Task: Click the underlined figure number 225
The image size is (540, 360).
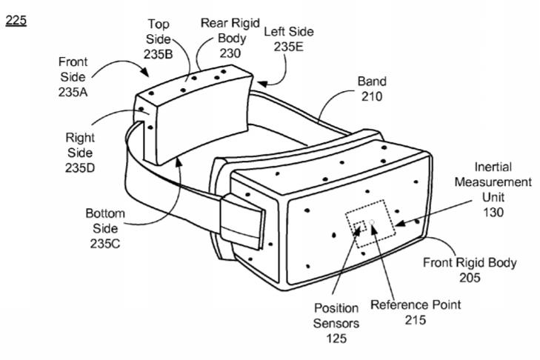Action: pos(16,21)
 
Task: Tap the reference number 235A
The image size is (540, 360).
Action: pos(73,92)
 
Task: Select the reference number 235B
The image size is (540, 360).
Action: pos(158,54)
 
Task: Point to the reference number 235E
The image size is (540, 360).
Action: pos(289,47)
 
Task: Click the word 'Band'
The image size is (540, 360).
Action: pos(372,81)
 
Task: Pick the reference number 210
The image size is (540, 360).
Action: pos(372,96)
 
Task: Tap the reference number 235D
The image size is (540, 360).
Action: pos(80,167)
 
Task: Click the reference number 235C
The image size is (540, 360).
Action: pos(105,244)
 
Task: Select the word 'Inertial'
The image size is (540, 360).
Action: pos(493,167)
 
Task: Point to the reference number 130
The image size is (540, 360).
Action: pos(493,212)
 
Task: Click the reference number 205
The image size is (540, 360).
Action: pos(470,278)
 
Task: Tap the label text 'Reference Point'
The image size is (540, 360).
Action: pos(416,305)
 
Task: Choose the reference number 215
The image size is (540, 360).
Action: pos(416,320)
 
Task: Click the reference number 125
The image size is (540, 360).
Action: pos(336,339)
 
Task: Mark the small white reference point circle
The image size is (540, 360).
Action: pos(372,222)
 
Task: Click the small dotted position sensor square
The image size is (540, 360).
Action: pos(359,227)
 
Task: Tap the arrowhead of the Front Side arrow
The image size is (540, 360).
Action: pos(145,72)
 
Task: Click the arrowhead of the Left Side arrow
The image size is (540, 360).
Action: pos(261,84)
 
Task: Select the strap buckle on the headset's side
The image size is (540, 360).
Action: pos(243,222)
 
